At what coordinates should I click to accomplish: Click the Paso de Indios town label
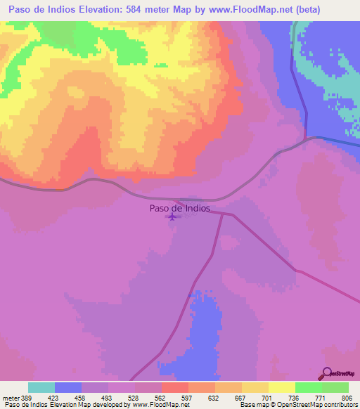point(179,208)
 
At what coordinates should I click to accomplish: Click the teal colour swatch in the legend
point(41,387)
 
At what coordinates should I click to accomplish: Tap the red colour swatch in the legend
point(174,387)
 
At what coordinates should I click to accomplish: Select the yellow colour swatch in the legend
point(255,387)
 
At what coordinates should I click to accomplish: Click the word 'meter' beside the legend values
point(10,397)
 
